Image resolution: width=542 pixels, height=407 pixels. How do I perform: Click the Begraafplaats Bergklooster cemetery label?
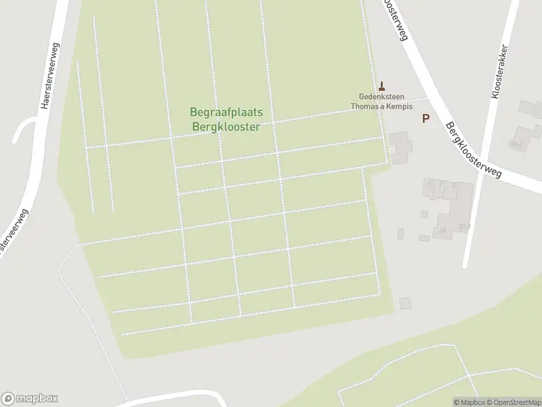point(226,119)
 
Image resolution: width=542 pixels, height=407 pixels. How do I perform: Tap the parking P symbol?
point(425,119)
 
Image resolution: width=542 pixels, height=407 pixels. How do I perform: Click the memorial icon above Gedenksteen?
point(382,85)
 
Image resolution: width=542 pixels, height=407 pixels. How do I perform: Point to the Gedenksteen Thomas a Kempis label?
point(382,101)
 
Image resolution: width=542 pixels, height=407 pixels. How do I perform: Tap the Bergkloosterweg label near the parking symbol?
point(473,151)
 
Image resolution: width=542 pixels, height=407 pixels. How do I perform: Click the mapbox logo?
point(30,399)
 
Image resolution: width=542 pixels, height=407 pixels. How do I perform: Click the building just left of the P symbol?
point(400,147)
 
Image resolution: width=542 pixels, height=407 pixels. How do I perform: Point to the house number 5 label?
point(430,184)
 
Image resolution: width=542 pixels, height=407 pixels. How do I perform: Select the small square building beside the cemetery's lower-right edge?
point(405,303)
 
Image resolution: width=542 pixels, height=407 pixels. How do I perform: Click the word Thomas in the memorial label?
point(365,106)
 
